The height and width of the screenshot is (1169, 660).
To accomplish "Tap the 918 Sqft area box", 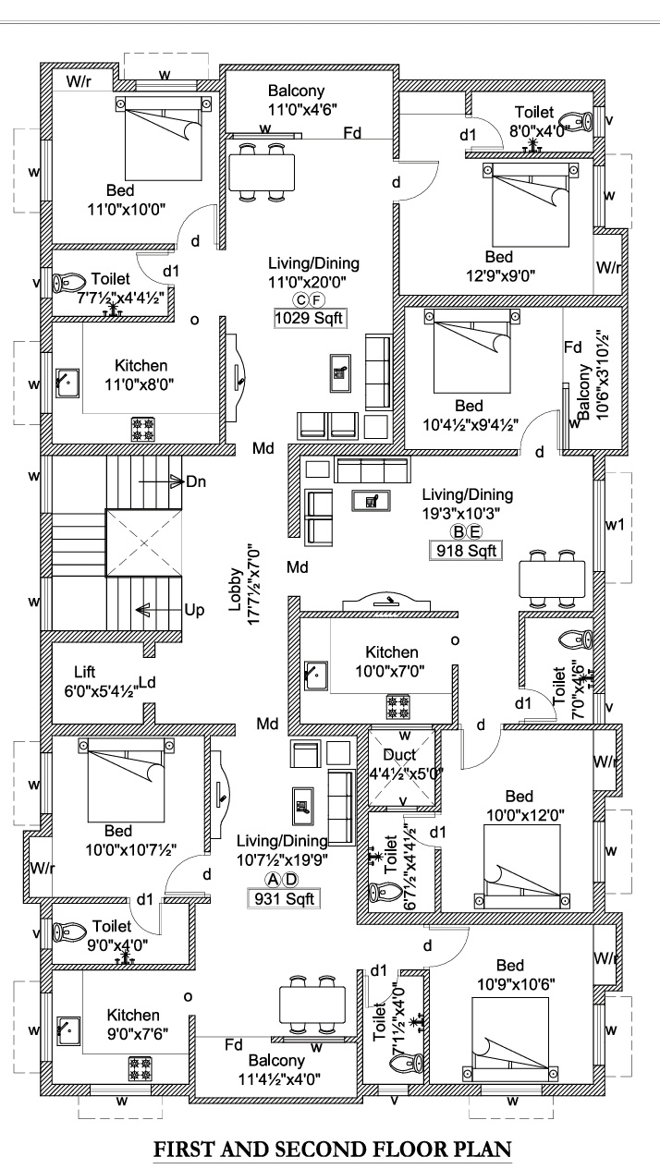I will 467,551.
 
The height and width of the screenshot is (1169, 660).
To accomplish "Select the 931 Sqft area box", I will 281,897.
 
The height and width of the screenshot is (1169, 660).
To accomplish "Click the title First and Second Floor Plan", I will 332,1150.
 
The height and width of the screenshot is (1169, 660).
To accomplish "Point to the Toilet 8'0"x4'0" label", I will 534,121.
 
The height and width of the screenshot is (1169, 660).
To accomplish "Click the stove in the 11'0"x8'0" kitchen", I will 143,428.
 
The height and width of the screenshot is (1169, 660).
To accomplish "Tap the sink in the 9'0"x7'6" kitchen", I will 67,1029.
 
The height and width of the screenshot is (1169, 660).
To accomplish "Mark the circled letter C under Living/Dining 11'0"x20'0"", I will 300,299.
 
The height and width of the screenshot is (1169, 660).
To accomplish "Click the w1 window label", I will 615,524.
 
